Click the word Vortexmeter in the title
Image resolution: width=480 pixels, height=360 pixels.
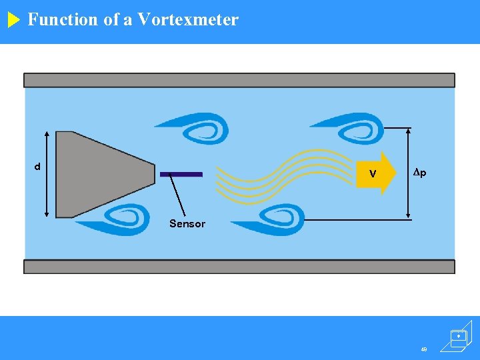point(187,19)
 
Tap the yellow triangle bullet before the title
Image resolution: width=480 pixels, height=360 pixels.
point(14,20)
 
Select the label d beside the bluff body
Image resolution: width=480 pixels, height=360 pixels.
point(37,166)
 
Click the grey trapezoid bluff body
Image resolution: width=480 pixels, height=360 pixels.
point(93,173)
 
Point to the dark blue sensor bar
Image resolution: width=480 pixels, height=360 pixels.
point(181,174)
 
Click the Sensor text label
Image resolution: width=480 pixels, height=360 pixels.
point(187,224)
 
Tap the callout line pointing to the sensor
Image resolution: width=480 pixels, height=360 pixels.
point(178,195)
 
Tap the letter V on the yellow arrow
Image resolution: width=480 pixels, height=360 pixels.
point(373,174)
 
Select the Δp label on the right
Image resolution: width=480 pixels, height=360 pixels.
point(419,173)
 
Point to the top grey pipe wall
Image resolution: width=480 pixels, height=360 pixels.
point(239,80)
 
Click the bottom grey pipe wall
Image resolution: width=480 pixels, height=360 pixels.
point(239,267)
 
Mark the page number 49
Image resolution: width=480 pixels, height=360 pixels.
point(424,349)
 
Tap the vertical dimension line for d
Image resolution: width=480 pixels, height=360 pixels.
point(47,173)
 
